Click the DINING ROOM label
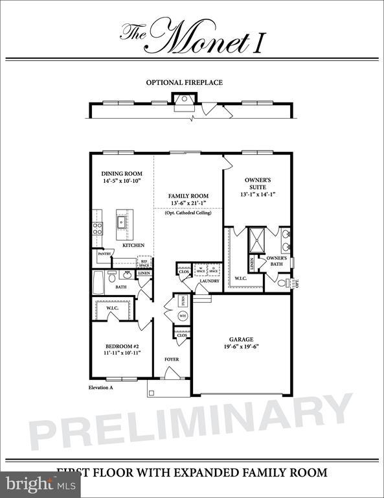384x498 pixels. point(122,174)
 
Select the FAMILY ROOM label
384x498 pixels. point(188,195)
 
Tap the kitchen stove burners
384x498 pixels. point(98,228)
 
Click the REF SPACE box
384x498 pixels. point(144,263)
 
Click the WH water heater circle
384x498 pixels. point(182,316)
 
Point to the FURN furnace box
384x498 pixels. point(183,301)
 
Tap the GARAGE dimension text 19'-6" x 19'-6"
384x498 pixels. point(240,347)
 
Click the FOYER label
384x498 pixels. point(172,359)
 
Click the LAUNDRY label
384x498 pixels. point(209,281)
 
